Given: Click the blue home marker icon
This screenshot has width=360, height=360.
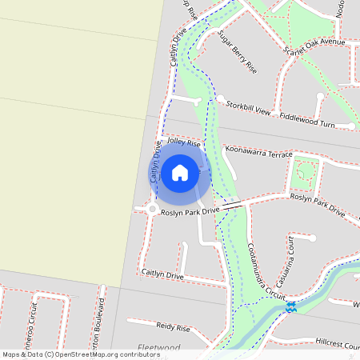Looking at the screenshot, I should pyautogui.click(x=180, y=172).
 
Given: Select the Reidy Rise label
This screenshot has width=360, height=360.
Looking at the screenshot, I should pyautogui.click(x=173, y=327).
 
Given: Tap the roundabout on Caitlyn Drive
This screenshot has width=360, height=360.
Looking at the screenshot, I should pyautogui.click(x=151, y=210).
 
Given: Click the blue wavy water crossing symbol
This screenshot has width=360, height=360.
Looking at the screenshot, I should pyautogui.click(x=291, y=306).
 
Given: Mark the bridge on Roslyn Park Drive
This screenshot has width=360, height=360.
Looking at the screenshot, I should pyautogui.click(x=233, y=206).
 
